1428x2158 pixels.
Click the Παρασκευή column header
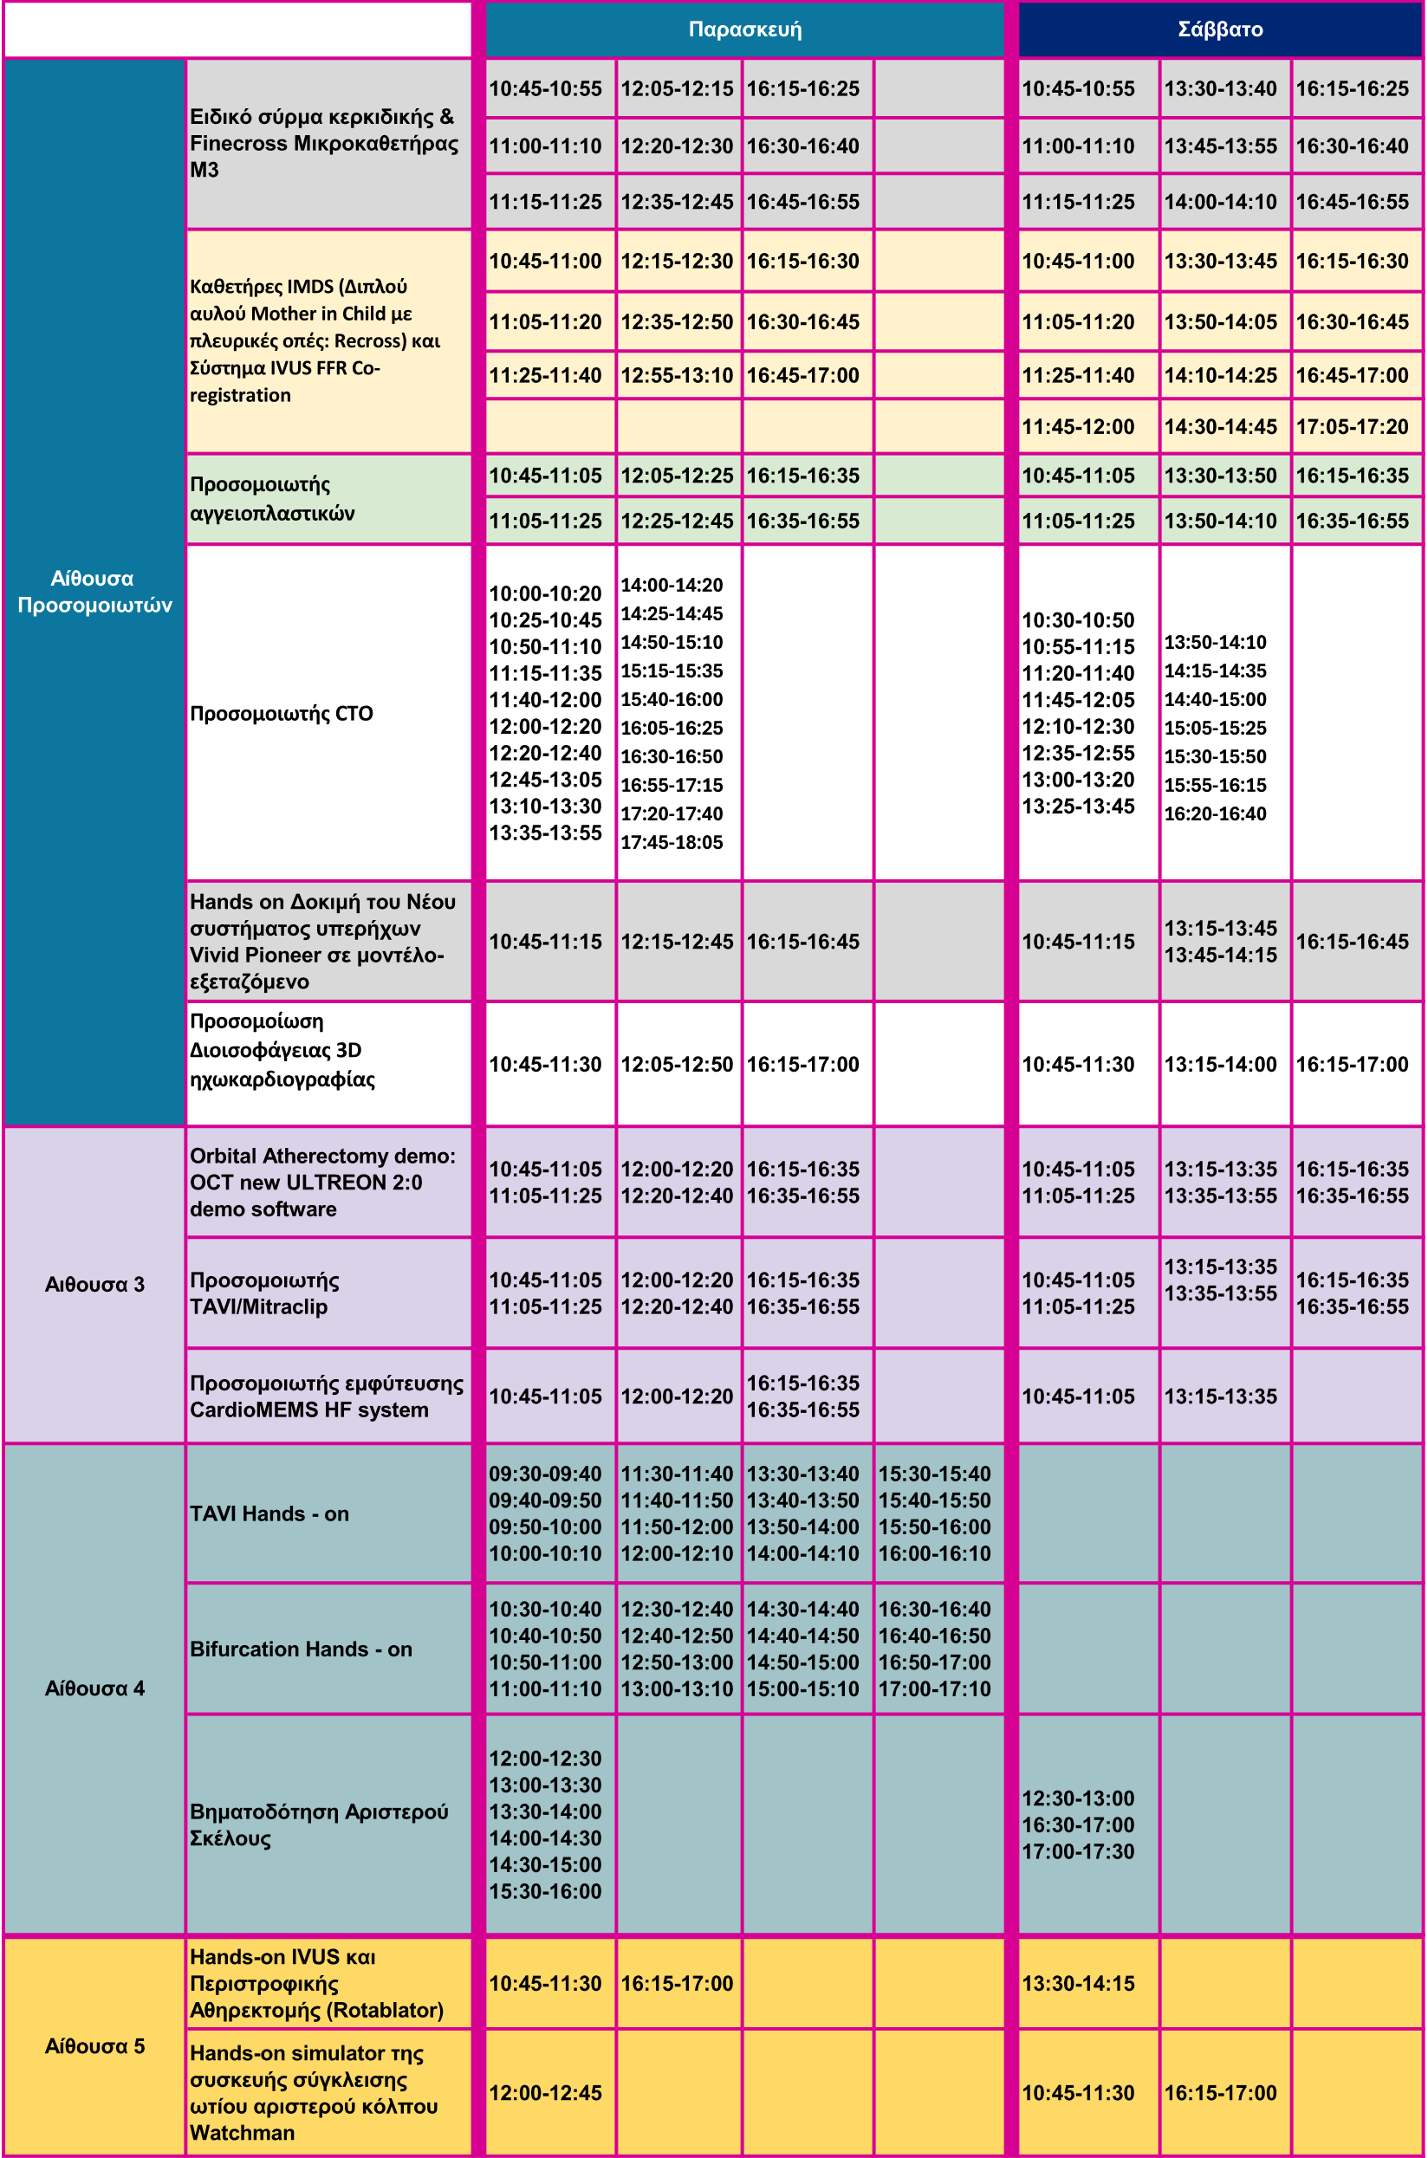point(744,29)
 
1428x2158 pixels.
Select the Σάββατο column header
point(1219,29)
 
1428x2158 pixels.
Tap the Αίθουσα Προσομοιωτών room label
point(94,591)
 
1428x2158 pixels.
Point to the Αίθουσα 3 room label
point(94,1284)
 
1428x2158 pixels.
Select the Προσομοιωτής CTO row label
point(282,713)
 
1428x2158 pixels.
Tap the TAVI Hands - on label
point(269,1513)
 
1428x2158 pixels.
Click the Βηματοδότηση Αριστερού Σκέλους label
point(319,1824)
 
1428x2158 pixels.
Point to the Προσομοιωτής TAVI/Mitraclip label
point(264,1293)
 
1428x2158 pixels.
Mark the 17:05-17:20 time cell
point(1352,426)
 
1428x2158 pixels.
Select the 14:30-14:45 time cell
point(1219,426)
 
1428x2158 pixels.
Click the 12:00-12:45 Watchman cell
point(545,2092)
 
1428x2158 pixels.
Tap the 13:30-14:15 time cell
point(1077,1983)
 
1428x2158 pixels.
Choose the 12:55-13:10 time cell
point(676,375)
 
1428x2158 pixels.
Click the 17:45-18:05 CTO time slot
point(672,842)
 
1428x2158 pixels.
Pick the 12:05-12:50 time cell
point(676,1064)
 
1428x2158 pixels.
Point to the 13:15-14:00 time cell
point(1219,1064)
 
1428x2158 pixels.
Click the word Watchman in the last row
point(242,2133)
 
